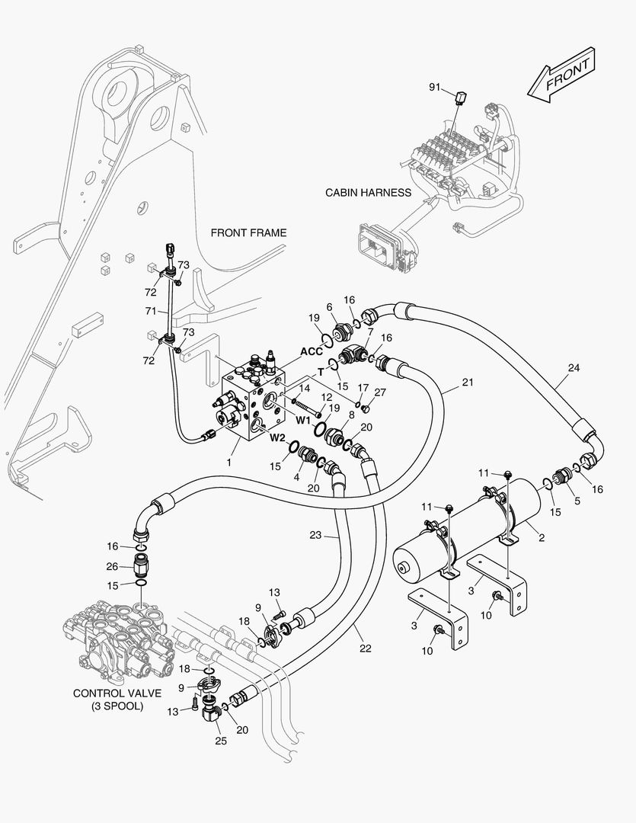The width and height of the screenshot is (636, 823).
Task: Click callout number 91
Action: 434,88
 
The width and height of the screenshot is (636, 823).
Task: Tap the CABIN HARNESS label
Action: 368,193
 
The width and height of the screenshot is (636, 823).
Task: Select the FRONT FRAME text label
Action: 248,232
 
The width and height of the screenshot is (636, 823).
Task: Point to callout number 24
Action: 574,367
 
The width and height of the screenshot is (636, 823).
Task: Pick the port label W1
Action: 304,419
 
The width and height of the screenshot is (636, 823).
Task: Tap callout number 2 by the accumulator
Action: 542,538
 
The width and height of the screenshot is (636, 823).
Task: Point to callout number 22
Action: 366,648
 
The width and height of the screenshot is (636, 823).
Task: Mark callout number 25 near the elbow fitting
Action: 221,740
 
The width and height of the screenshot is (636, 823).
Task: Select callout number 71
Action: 150,312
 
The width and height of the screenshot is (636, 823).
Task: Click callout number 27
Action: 380,392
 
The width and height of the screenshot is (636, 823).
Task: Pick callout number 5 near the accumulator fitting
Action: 576,500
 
